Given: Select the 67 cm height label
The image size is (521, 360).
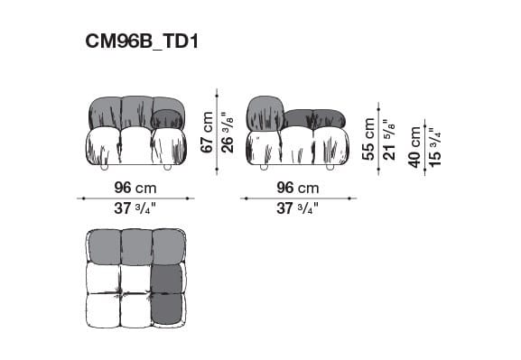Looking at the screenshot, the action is coord(208,132).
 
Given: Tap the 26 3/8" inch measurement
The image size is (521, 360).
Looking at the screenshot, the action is coord(228,132).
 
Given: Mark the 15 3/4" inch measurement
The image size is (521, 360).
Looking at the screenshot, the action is coord(435,146).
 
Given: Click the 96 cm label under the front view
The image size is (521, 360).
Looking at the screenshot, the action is coord(135,189).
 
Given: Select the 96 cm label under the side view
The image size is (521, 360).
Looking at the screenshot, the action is coord(298,189).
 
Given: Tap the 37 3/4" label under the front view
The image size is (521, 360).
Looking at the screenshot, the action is coord(134,209).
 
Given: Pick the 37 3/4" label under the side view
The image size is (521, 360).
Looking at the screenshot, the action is coord(298,209).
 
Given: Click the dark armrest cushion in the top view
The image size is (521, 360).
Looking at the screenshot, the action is coord(168,294).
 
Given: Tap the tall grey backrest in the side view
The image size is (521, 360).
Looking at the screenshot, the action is coord(265,112).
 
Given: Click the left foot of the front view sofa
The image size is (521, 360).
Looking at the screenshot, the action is coord(106,168).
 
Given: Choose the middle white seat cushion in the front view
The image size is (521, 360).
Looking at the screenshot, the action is coord(136,145).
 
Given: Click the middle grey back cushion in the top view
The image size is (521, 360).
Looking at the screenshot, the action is coord(135,245).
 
